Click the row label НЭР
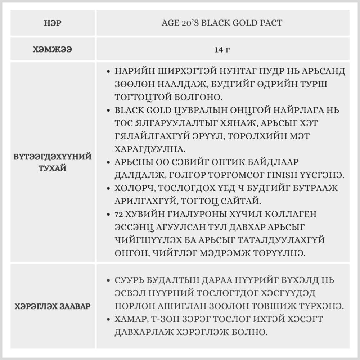53,23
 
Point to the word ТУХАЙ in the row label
53,168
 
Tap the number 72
119,215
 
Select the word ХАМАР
133,319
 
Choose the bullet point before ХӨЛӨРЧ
109,188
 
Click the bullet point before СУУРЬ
109,280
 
